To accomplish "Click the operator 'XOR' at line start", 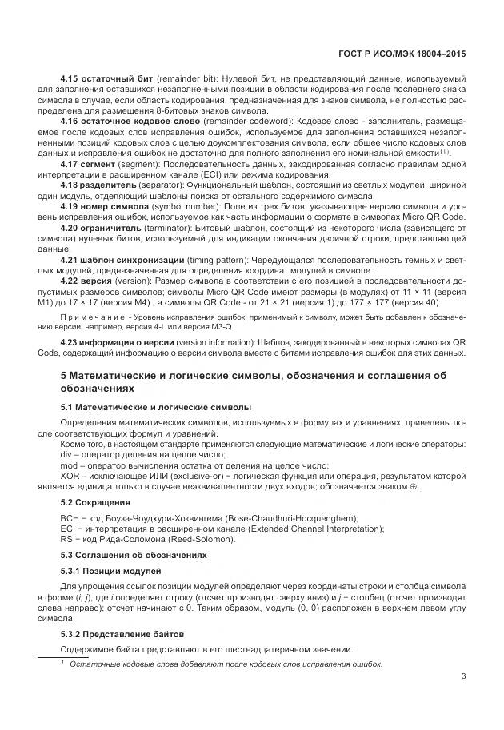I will click(x=73, y=476).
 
